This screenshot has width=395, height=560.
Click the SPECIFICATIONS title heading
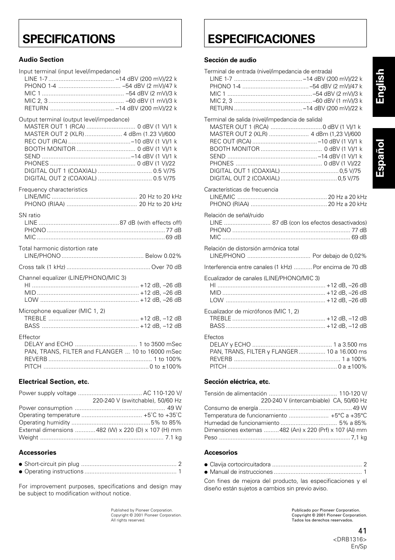pyautogui.click(x=69, y=39)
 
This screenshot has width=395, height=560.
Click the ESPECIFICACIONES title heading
pyautogui.click(x=261, y=39)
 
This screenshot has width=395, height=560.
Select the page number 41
pyautogui.click(x=362, y=531)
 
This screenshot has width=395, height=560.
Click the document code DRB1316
pyautogui.click(x=350, y=539)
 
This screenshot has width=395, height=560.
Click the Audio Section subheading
pyautogui.click(x=41, y=60)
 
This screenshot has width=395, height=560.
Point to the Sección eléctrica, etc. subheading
pyautogui.click(x=237, y=382)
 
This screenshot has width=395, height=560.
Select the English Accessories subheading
pyautogui.click(x=37, y=453)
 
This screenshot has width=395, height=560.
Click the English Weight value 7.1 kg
pyautogui.click(x=173, y=437)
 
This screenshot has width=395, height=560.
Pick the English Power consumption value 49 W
pyautogui.click(x=174, y=408)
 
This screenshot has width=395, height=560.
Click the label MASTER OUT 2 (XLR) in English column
pyautogui.click(x=54, y=134)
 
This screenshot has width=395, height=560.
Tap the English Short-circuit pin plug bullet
pyautogui.click(x=21, y=464)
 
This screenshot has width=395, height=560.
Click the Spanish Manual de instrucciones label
pyautogui.click(x=241, y=472)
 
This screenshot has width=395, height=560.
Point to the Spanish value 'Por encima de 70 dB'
pyautogui.click(x=340, y=267)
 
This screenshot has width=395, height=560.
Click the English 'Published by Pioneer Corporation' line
pyautogui.click(x=142, y=510)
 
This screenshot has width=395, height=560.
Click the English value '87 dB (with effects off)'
pyautogui.click(x=151, y=223)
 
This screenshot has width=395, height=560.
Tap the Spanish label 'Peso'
pyautogui.click(x=210, y=437)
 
